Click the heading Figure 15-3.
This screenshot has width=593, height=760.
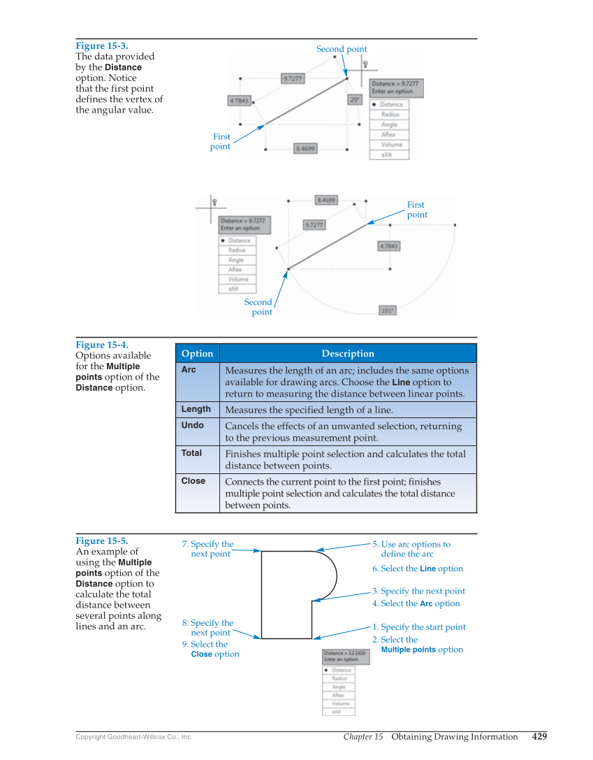pos(101,46)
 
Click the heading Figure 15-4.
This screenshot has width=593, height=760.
pos(101,345)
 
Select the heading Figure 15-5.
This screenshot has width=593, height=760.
pos(101,540)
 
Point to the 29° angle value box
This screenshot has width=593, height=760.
pos(355,100)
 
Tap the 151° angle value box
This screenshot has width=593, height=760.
pos(387,310)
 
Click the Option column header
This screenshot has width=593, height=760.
pos(197,354)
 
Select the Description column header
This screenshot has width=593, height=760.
pos(348,354)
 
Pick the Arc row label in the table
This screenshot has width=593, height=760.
pos(189,369)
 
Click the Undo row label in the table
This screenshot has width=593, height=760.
pos(192,425)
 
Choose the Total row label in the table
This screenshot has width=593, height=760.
pos(191,453)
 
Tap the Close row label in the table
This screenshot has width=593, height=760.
pos(193,481)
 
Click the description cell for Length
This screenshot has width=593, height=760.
pos(309,410)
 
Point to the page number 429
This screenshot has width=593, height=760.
pos(539,736)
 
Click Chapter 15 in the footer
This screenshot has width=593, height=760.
pos(363,737)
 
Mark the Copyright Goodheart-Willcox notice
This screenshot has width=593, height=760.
pos(133,737)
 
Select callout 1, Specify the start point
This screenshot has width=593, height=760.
pos(418,627)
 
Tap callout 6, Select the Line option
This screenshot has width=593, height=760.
pos(417,568)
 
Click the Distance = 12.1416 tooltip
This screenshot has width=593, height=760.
pos(346,657)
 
